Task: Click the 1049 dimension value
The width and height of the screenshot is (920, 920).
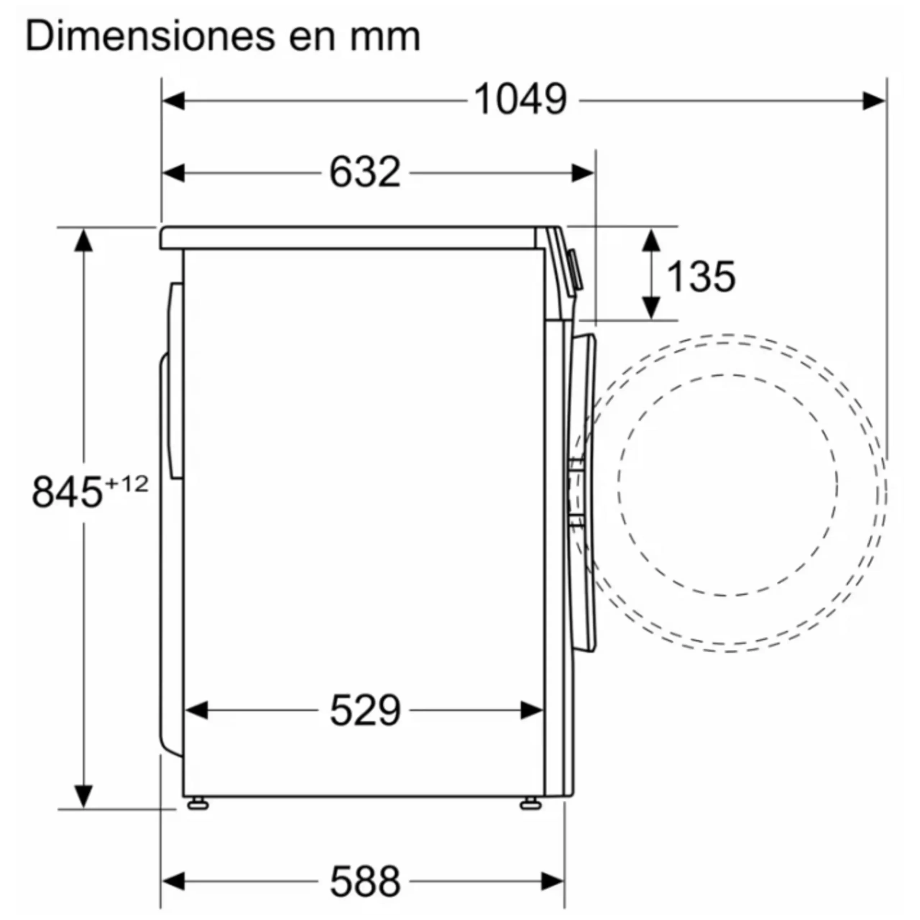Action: tap(520, 100)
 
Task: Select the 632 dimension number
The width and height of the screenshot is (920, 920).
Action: tap(365, 172)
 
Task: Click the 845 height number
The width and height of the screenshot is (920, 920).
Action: tap(67, 492)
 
